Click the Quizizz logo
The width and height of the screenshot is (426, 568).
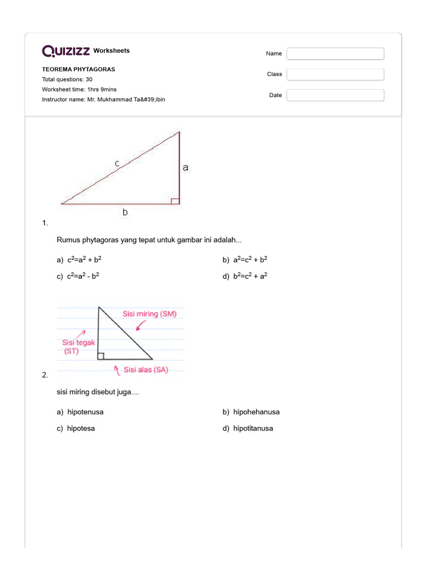pos(66,51)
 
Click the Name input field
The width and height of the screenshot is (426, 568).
pos(335,54)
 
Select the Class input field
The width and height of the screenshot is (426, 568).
pos(335,74)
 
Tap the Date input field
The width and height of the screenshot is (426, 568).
pos(335,95)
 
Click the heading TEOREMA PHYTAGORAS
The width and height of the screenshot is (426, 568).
pos(79,70)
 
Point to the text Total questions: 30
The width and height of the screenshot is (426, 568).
pos(67,80)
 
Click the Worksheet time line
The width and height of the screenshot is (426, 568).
pos(79,89)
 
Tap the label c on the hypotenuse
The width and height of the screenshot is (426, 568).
pos(117,163)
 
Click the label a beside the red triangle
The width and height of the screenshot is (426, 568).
pos(186,166)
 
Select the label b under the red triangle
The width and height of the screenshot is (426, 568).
pos(125,211)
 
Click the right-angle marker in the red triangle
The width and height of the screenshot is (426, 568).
pos(175,201)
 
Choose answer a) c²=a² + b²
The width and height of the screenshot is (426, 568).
pos(79,260)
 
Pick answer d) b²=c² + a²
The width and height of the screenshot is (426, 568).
pos(245,276)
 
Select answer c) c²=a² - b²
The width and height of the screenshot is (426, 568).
pos(78,276)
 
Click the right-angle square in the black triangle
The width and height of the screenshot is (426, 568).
pos(101,356)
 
